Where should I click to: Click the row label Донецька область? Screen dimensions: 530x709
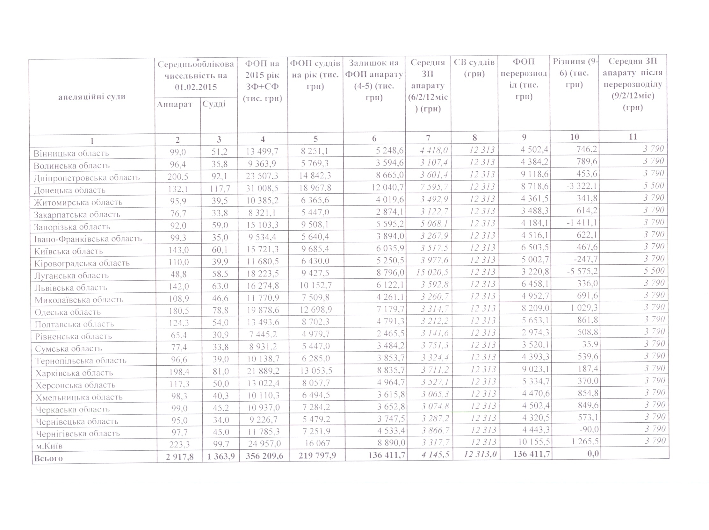tap(69, 190)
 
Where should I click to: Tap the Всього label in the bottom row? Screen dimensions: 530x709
tap(48, 458)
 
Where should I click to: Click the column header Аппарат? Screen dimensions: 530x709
tap(174, 104)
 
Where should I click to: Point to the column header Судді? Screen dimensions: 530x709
tap(214, 104)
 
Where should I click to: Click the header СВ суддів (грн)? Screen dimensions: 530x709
tap(474, 68)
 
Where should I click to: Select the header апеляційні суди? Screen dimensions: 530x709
tap(92, 97)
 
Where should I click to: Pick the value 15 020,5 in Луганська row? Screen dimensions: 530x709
tap(432, 272)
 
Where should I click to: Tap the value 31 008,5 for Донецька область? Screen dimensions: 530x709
tap(262, 188)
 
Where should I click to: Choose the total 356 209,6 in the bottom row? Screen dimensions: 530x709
tap(264, 456)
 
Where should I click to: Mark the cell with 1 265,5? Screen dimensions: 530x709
tap(585, 441)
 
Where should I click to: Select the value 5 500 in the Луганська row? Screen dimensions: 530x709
tap(654, 270)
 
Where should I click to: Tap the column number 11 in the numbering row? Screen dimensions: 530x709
tap(633, 137)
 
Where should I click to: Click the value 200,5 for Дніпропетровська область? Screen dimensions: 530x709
tap(178, 176)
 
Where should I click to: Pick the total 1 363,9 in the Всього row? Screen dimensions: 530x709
tap(221, 456)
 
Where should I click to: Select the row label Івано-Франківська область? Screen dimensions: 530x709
tap(88, 239)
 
